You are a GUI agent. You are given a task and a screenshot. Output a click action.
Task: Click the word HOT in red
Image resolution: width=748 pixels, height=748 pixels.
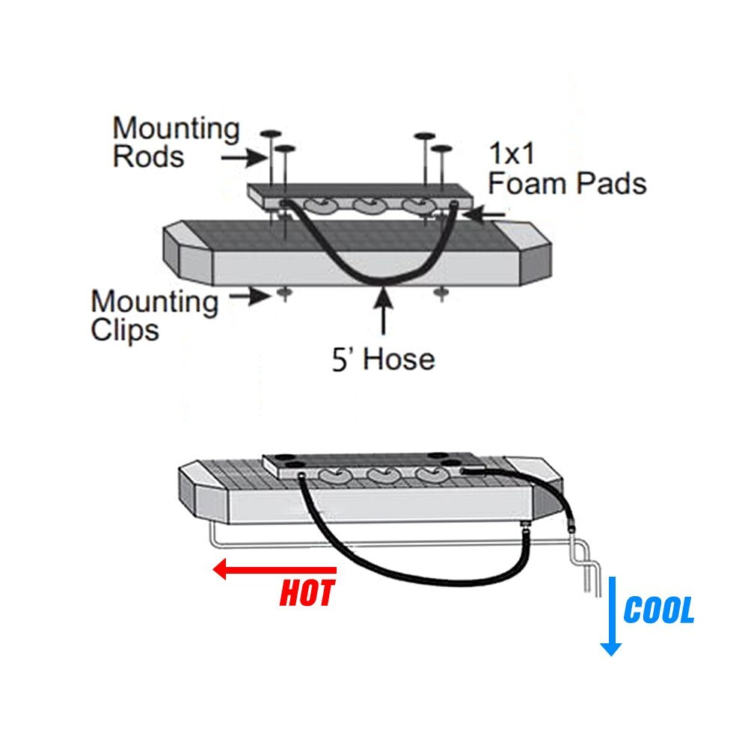tap(307, 593)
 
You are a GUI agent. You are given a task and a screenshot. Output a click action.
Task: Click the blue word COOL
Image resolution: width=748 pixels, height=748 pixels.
tap(659, 610)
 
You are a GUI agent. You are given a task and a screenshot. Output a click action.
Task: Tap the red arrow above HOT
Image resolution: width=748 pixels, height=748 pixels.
tap(275, 569)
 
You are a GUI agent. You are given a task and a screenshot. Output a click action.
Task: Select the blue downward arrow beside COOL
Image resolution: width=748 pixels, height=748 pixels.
tap(610, 616)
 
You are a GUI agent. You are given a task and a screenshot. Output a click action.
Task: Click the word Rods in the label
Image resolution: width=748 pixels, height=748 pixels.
tap(148, 156)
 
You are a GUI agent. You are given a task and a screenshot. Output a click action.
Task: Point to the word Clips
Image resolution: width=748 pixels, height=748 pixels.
tap(124, 330)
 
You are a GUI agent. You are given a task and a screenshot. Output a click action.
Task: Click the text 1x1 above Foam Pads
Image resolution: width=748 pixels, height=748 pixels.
tap(512, 153)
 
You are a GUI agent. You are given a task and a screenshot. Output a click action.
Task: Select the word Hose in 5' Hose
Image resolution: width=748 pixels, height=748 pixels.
tap(399, 359)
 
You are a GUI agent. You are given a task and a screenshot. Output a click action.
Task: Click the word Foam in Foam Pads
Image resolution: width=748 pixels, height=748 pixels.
tap(527, 183)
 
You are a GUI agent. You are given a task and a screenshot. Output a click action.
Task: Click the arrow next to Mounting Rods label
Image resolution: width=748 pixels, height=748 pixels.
tap(244, 157)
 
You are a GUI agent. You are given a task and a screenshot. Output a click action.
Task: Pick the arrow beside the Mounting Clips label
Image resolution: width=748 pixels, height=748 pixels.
tap(250, 297)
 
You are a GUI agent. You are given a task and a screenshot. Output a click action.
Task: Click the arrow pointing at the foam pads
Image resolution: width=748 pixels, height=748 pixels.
tap(484, 215)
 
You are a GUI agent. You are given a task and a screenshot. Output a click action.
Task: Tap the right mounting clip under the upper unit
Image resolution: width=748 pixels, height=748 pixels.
tap(441, 292)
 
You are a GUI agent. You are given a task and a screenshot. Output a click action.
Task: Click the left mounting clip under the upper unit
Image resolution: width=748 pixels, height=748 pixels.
tap(284, 293)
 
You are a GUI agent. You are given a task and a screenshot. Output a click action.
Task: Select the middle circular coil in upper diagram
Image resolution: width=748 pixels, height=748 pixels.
tap(370, 206)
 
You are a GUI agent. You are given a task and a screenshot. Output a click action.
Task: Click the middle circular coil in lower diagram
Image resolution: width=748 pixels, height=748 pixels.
tap(384, 475)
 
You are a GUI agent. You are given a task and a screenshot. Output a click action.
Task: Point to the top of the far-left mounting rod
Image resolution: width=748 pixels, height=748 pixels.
tap(271, 134)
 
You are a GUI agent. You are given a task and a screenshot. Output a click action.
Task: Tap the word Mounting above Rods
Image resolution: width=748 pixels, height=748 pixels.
tap(177, 129)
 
